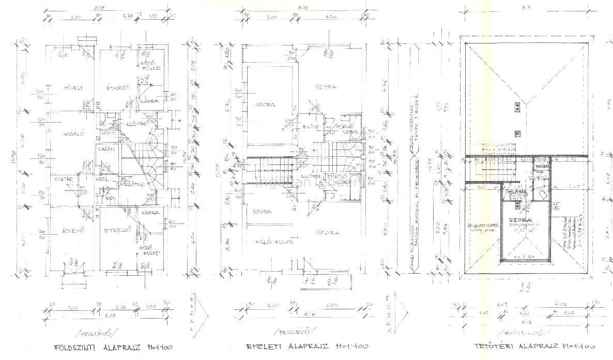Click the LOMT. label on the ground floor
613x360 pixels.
pos(109,133)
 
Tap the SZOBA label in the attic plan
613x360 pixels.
pos(525,220)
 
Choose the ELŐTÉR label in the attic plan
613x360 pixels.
pos(517,192)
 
